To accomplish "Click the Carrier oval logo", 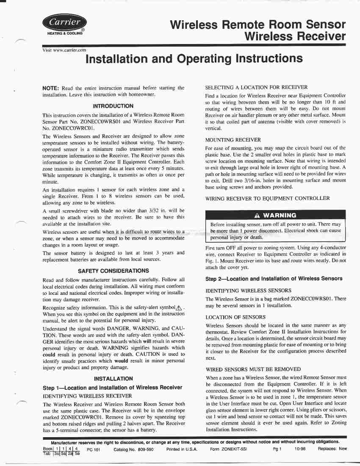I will click(x=64, y=22).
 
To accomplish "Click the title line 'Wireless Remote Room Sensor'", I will click(x=258, y=25).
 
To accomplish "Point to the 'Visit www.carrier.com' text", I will click(x=64, y=50).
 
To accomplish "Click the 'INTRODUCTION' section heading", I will click(x=113, y=106).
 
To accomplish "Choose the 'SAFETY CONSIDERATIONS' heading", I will click(x=113, y=271).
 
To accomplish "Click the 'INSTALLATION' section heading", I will click(x=113, y=379).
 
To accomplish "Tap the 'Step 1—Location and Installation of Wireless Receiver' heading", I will click(x=113, y=388).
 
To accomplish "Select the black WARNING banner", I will click(x=275, y=215).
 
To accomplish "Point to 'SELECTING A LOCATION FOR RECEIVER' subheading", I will click(x=256, y=87).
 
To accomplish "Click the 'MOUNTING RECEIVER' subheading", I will click(x=233, y=139).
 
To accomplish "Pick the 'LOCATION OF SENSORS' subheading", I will click(x=235, y=317).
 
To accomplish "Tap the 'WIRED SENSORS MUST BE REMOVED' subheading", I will click(x=253, y=369).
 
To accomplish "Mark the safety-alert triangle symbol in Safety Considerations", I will click(x=181, y=308).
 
